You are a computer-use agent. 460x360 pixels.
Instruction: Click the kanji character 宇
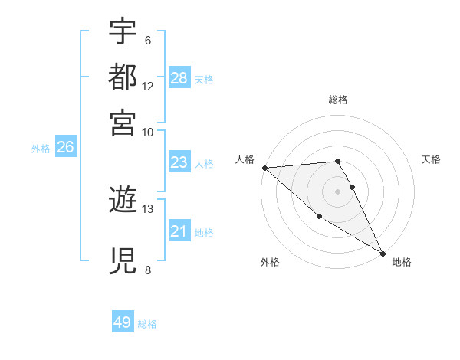pos(123,32)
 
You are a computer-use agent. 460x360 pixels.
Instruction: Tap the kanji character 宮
pos(123,122)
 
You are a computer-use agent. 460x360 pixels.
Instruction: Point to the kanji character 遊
pos(123,201)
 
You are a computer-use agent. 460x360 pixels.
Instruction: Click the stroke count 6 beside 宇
pos(147,41)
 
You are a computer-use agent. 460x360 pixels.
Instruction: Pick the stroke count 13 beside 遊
pos(148,208)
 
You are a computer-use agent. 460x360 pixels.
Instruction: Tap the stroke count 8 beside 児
pos(147,269)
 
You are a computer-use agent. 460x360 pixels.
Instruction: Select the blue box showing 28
pos(179,78)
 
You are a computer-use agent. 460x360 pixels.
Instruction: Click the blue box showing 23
pos(179,162)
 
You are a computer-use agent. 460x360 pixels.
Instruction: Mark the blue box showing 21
pos(179,231)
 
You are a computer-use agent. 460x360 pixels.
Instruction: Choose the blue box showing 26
pos(65,148)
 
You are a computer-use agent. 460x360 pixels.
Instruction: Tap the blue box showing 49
pos(123,322)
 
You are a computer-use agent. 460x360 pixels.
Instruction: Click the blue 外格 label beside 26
pos(41,149)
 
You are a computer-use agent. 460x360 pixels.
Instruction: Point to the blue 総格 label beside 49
pos(148,324)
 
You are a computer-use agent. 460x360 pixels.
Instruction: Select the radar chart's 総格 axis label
pos(338,100)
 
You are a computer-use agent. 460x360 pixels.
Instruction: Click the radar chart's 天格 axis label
pos(431,159)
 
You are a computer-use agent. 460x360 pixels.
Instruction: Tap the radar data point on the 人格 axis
pos(264,168)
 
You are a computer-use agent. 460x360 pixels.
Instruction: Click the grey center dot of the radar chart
pos(338,191)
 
